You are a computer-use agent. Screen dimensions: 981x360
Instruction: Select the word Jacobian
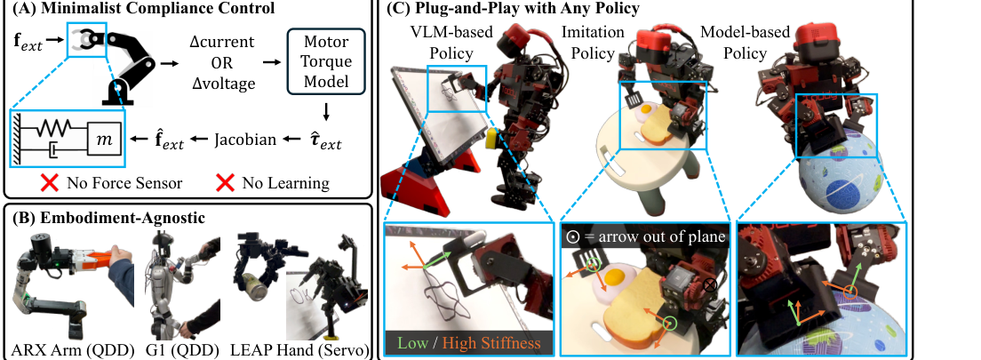click(245, 139)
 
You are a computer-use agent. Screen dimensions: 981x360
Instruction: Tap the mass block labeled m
click(101, 139)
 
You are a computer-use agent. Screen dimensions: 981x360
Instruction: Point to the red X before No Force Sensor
click(50, 183)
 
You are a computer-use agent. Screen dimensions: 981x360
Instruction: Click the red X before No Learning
click(225, 183)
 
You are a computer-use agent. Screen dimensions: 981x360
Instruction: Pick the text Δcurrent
click(222, 44)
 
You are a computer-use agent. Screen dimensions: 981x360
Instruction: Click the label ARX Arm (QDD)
click(73, 349)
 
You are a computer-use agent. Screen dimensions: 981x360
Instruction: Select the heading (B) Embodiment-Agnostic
click(107, 220)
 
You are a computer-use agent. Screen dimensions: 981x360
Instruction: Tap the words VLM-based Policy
click(451, 43)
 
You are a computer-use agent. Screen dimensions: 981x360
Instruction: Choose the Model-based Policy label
click(746, 43)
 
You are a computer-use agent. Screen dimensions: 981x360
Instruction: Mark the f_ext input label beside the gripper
click(28, 43)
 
